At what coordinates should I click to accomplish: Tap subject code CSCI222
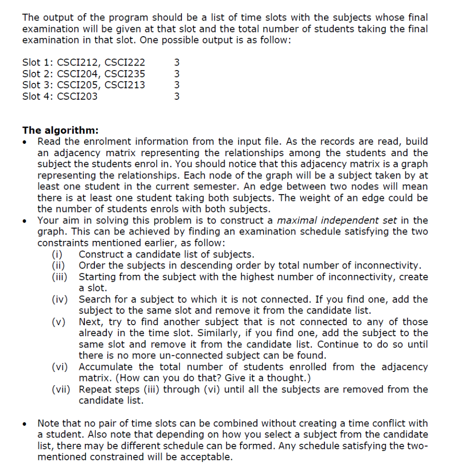126,62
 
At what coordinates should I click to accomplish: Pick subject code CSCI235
126,74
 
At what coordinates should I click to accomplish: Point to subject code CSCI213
126,85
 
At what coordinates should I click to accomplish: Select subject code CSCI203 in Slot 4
77,96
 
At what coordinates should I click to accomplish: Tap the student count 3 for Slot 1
177,62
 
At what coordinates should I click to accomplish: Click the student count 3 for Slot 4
177,96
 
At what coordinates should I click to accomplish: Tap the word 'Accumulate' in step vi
106,367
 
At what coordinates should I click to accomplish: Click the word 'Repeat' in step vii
94,390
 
